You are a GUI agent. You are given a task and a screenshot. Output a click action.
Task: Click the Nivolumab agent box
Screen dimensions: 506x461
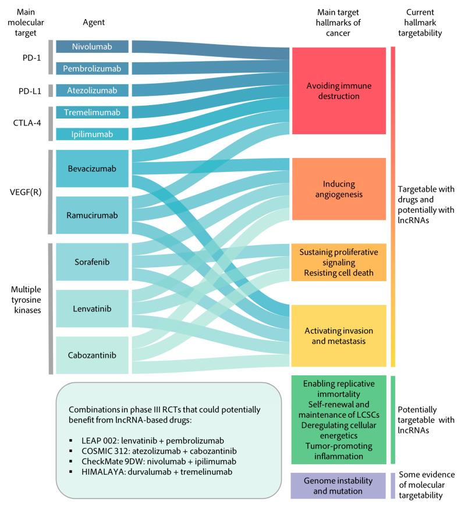(91, 46)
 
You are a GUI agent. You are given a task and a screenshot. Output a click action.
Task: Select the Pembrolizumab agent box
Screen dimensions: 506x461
(91, 69)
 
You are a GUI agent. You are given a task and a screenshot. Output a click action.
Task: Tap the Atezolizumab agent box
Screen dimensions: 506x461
(91, 91)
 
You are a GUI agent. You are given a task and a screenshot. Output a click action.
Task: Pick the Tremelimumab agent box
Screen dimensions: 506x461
(91, 112)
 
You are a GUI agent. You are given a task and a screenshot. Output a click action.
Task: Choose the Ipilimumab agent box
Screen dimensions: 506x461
(91, 134)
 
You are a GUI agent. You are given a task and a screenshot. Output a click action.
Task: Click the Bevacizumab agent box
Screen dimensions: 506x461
(91, 169)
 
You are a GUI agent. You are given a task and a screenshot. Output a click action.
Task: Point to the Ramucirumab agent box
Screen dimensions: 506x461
(91, 215)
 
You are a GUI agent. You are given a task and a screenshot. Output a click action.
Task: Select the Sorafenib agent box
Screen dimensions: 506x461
(91, 261)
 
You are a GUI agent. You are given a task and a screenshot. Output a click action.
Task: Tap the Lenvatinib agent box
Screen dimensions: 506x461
(91, 308)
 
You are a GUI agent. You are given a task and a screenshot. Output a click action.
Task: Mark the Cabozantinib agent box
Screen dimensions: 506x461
(91, 354)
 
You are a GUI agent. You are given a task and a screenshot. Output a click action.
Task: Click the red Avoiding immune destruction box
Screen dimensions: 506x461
(339, 91)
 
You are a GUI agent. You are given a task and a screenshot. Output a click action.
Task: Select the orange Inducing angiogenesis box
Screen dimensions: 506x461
(339, 189)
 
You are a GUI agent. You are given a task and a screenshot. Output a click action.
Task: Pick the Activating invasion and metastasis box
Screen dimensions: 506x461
(339, 336)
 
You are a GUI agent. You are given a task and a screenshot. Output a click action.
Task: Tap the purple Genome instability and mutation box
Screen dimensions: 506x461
(339, 486)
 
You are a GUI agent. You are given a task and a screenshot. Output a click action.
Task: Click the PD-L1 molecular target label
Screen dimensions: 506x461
(27, 91)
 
